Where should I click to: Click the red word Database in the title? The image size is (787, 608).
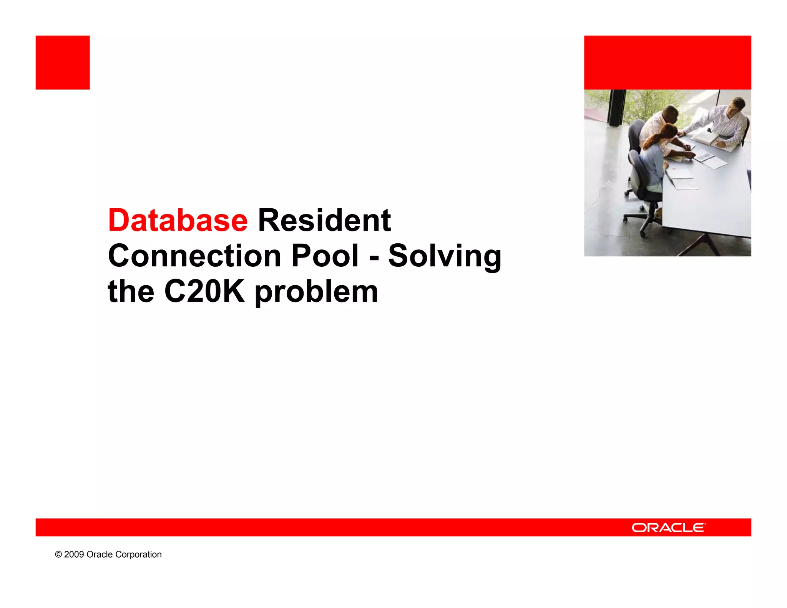click(x=178, y=220)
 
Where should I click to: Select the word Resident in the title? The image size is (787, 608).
click(x=324, y=220)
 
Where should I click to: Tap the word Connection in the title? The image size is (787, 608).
click(x=195, y=256)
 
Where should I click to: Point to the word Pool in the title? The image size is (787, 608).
click(x=325, y=256)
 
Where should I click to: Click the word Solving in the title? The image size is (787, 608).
click(x=445, y=257)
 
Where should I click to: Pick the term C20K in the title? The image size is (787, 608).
click(x=204, y=291)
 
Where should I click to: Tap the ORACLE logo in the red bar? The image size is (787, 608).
click(x=669, y=527)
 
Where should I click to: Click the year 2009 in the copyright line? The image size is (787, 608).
click(x=74, y=554)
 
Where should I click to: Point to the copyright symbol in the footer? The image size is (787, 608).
click(x=58, y=554)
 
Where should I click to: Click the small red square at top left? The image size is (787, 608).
click(x=63, y=63)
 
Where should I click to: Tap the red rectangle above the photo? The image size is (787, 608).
click(x=667, y=63)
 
